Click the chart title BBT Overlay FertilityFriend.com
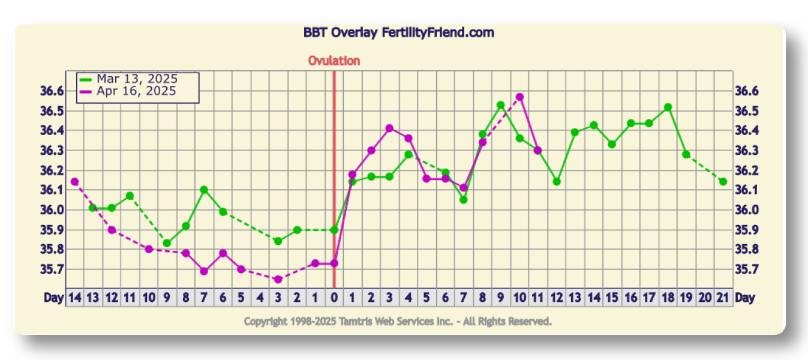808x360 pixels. (398, 32)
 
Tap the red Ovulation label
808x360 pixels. (334, 61)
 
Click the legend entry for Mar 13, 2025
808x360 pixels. (137, 79)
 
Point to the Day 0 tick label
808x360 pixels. (334, 298)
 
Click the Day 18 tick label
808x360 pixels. (668, 298)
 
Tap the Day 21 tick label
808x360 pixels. (723, 298)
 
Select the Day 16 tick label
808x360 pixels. (630, 298)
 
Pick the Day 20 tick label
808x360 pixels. (705, 298)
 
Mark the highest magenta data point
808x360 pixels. (519, 97)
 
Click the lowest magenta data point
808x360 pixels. (278, 279)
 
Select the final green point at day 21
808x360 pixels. (723, 181)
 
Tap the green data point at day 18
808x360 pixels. (668, 107)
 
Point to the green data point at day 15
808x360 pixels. (612, 144)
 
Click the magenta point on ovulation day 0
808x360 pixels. (334, 263)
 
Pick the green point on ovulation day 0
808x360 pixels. (334, 230)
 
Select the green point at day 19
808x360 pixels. (686, 154)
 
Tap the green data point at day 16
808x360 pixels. (630, 123)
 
